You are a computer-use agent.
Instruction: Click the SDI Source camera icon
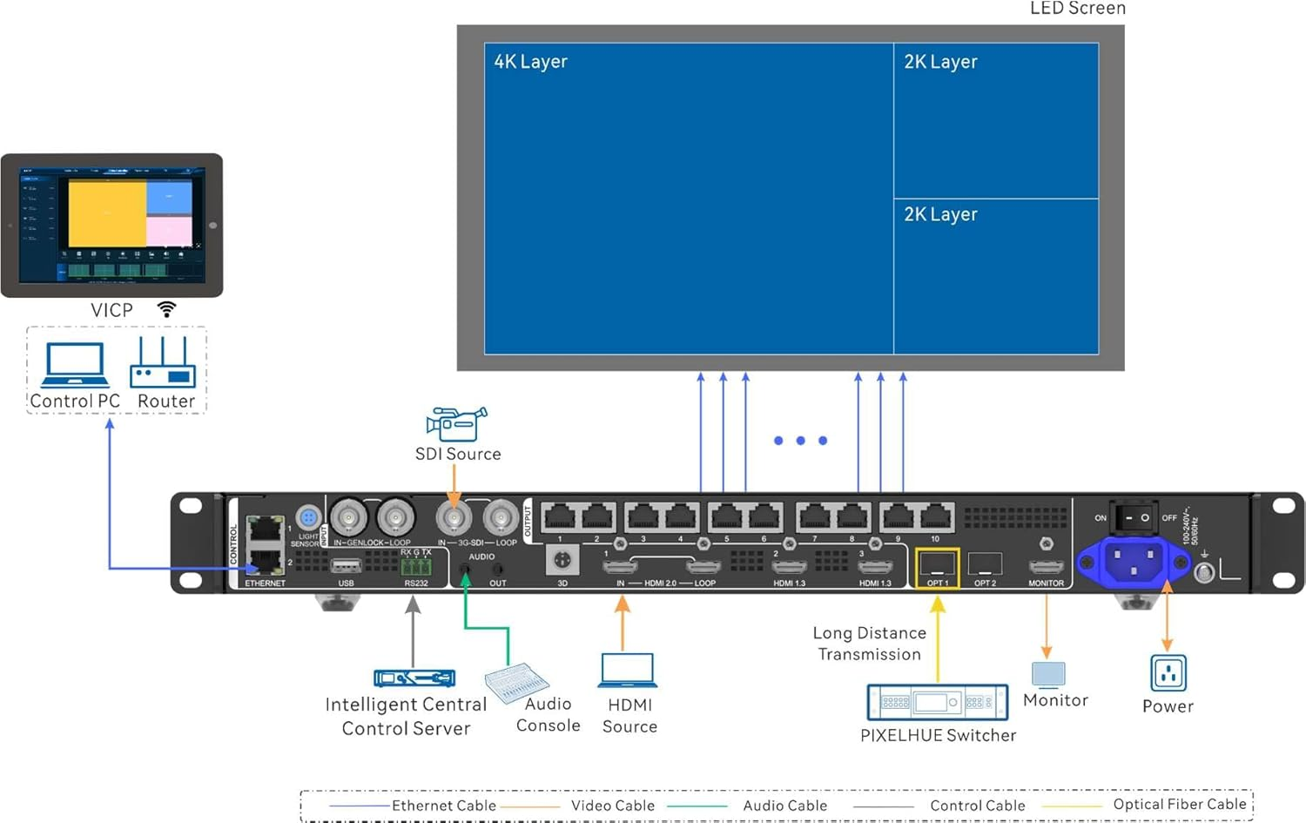pyautogui.click(x=455, y=423)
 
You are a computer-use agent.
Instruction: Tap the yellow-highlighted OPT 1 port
pyautogui.click(x=937, y=565)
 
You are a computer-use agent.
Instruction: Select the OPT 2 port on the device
pyautogui.click(x=985, y=564)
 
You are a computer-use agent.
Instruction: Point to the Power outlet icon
pyautogui.click(x=1168, y=673)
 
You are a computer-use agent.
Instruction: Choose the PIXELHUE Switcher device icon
pyautogui.click(x=937, y=702)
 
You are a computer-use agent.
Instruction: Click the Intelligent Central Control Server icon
pyautogui.click(x=414, y=678)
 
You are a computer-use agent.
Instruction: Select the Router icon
pyautogui.click(x=163, y=365)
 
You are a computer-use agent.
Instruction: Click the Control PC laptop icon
pyautogui.click(x=76, y=365)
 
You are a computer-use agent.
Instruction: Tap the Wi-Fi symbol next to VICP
pyautogui.click(x=166, y=309)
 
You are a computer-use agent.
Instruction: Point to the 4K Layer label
pyautogui.click(x=530, y=62)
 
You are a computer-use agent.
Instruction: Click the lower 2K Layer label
pyautogui.click(x=940, y=214)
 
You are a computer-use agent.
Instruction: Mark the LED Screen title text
pyautogui.click(x=1077, y=9)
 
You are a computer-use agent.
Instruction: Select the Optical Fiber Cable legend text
pyautogui.click(x=1179, y=805)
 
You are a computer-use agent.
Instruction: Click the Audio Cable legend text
pyautogui.click(x=784, y=806)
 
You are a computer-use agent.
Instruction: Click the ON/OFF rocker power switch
pyautogui.click(x=1134, y=517)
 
